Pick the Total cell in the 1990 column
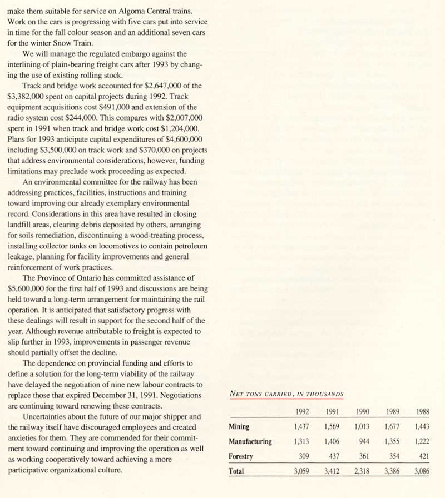[x=362, y=471]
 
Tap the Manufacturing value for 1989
[x=392, y=442]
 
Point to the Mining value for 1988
[x=422, y=427]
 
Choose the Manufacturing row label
[x=250, y=442]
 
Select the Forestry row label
[x=241, y=456]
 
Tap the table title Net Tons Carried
[x=286, y=394]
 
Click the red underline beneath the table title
[x=286, y=399]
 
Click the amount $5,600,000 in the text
[x=28, y=289]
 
